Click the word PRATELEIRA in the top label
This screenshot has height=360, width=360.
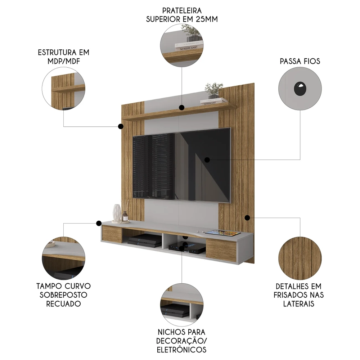pos(182,10)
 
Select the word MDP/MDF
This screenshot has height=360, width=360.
pos(63,61)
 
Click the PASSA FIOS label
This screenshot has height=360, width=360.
pos(300,61)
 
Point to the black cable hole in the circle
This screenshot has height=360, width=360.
pos(300,89)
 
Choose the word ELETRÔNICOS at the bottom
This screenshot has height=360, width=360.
pos(182,350)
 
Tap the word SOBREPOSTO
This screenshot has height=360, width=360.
pos(63,295)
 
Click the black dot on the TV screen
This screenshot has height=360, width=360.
pos(207,159)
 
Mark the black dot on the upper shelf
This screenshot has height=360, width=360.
pos(182,107)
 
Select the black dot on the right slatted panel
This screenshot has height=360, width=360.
pos(247,218)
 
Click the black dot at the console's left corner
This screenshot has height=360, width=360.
pos(99,223)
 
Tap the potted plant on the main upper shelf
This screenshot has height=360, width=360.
pos(213,90)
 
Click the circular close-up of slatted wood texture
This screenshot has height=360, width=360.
pos(300,258)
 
